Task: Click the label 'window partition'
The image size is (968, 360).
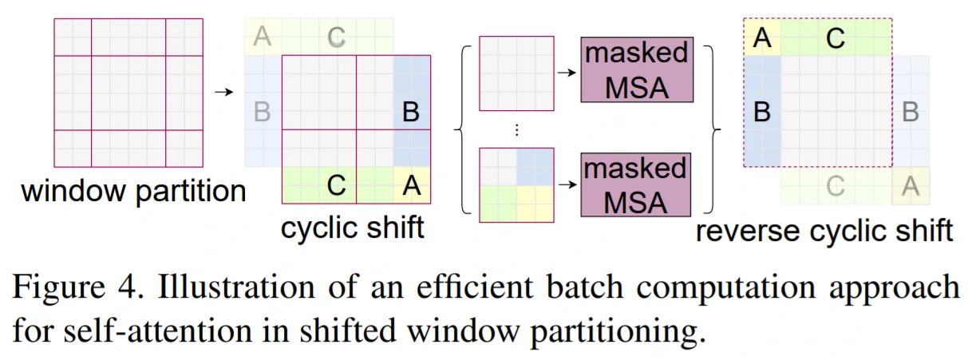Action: point(133,192)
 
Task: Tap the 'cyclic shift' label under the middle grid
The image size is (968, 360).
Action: point(352,227)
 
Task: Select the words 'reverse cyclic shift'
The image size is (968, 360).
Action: point(824,231)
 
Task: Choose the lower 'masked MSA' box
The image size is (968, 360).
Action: point(635,185)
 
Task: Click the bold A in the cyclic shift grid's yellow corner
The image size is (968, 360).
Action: point(412,185)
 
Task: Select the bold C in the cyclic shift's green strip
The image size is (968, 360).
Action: point(337,185)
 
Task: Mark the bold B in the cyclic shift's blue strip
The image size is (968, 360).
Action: point(411,112)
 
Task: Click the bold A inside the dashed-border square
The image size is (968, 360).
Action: point(762,38)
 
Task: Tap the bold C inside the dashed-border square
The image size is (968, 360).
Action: point(836,38)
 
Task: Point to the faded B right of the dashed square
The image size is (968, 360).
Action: point(910,112)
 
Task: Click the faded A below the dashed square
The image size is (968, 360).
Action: point(910,186)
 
